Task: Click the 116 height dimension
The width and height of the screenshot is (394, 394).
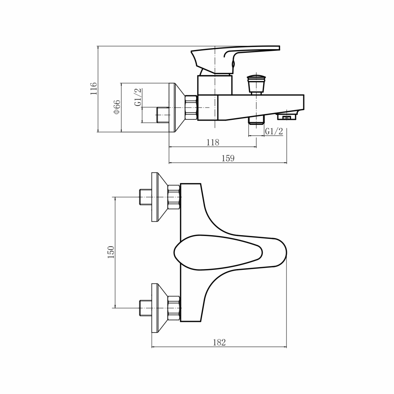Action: point(93,89)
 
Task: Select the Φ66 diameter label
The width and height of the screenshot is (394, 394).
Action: point(117,107)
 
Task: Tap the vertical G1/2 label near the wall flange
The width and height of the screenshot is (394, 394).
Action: point(138,97)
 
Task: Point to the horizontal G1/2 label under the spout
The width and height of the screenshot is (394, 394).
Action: point(274,132)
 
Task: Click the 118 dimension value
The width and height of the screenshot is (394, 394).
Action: point(212,143)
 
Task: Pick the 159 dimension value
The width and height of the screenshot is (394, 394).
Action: point(228,158)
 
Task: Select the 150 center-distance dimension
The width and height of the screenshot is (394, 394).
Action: point(111,252)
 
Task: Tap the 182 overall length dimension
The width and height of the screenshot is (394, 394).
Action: point(219,343)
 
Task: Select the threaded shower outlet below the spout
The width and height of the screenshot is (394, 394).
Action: point(256,119)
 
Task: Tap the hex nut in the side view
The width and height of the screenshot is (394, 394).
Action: point(191,107)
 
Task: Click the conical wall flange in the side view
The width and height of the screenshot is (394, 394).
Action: point(176,107)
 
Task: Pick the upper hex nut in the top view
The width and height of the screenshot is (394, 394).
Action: point(174,197)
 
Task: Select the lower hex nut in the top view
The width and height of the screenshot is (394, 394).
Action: point(174,307)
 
